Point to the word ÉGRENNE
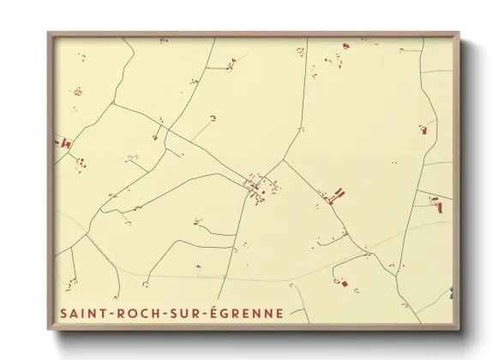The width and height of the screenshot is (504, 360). click(x=249, y=314)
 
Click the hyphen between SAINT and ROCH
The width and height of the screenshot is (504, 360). click(x=107, y=315)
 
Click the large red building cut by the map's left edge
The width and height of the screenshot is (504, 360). click(x=63, y=142)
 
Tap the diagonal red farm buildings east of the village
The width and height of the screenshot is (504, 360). click(x=335, y=196)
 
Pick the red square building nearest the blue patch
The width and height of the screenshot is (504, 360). click(x=345, y=284)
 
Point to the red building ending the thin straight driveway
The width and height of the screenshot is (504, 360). click(x=212, y=117)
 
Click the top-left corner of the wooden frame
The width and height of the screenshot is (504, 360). click(x=49, y=33)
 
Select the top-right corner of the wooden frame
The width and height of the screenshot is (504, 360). click(x=459, y=33)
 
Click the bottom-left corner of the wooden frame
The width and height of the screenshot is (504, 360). click(x=49, y=328)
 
